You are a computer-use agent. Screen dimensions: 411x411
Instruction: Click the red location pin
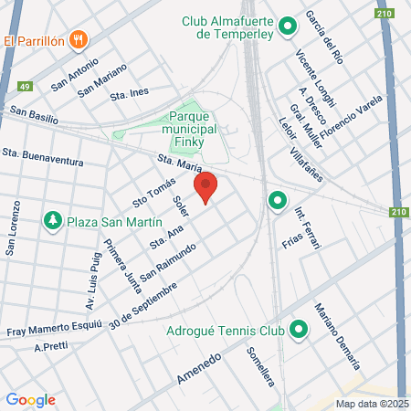point(207,187)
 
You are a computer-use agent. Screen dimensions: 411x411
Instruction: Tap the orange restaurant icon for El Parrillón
point(80,40)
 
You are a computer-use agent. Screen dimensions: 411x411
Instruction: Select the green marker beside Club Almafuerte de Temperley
point(287,26)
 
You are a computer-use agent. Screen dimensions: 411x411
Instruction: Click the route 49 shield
point(25,86)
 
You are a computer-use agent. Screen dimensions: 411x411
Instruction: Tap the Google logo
point(30,399)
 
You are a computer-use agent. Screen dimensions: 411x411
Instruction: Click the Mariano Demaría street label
point(337,334)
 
